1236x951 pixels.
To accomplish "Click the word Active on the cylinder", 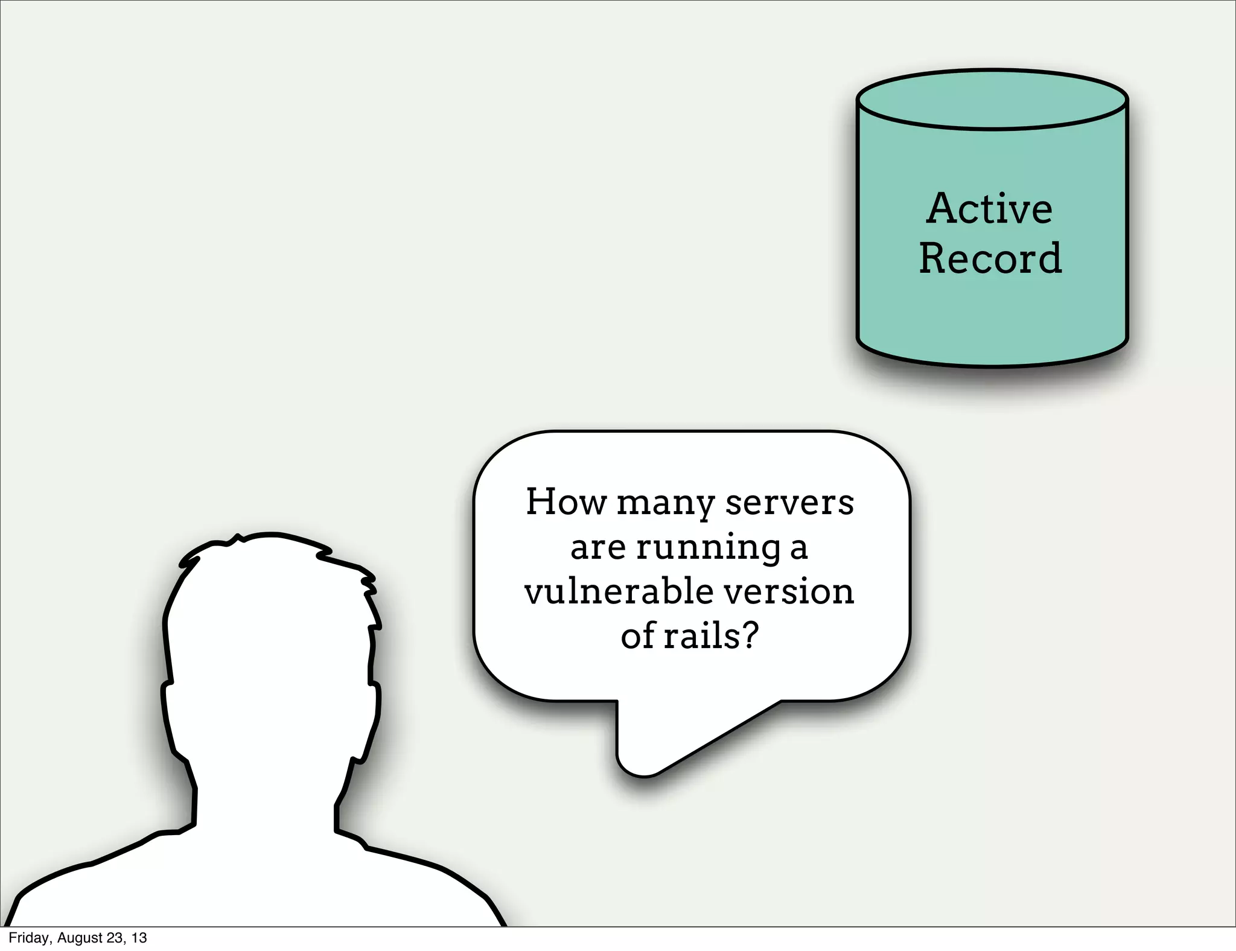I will [x=989, y=209].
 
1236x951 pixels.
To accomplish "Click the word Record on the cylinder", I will [x=990, y=259].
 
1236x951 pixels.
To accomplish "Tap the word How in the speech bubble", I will [x=565, y=501].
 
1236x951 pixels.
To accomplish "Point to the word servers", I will [x=789, y=503].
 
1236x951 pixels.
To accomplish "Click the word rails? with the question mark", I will [x=711, y=636].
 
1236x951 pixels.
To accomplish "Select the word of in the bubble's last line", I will [x=638, y=636].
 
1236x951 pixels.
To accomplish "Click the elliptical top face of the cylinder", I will [x=992, y=100].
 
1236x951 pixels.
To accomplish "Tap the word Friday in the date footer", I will [x=28, y=938].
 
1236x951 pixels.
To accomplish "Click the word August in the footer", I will [x=80, y=938].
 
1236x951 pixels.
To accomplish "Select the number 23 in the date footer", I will [x=115, y=938].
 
